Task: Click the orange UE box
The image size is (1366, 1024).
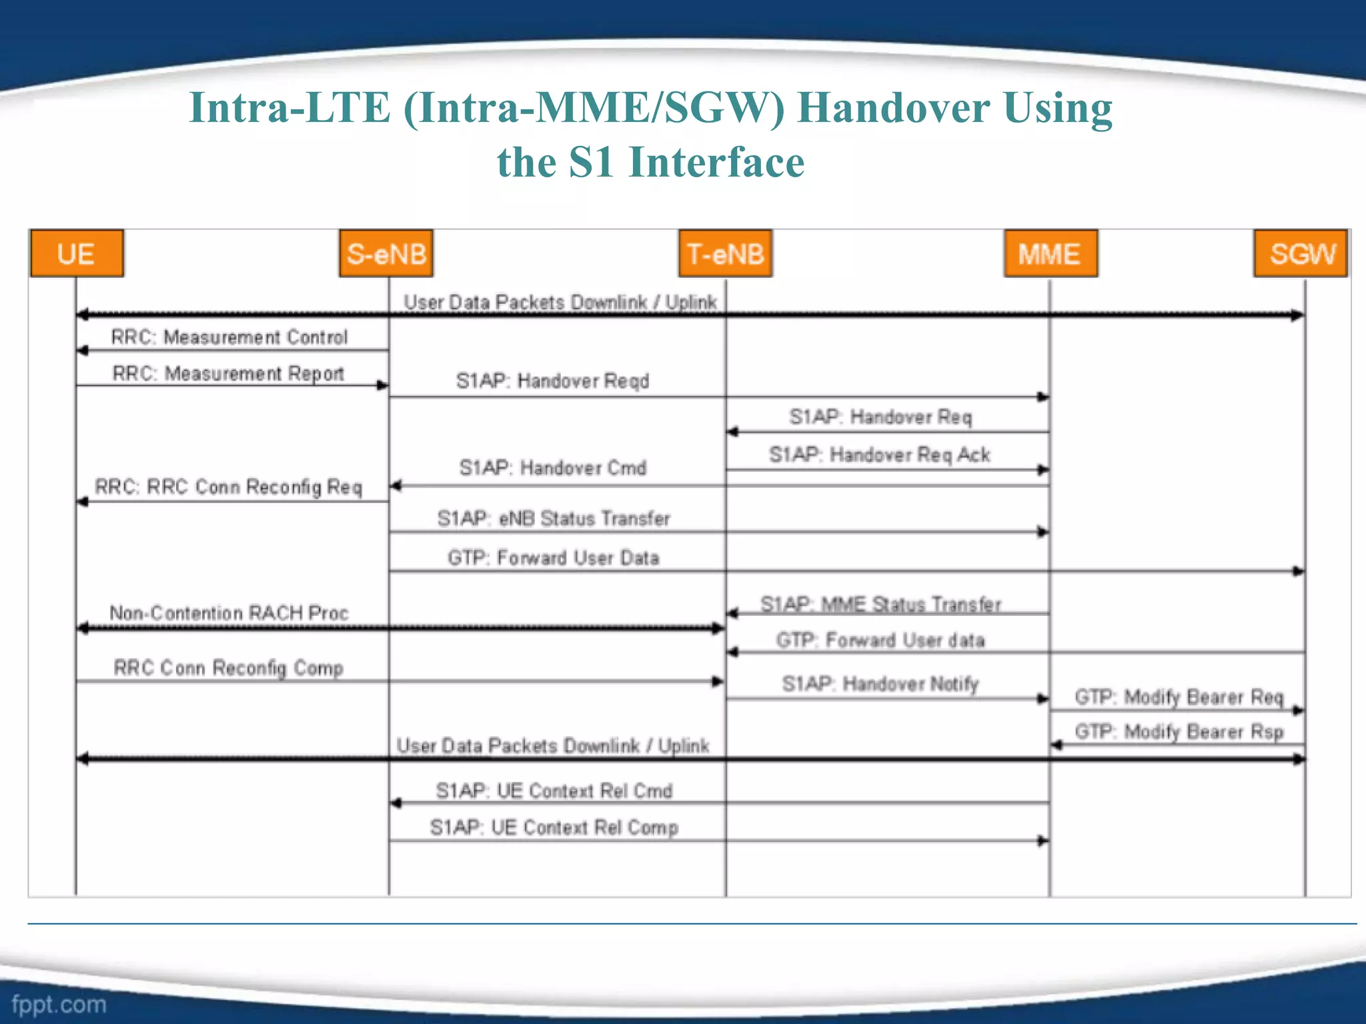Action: pos(77,253)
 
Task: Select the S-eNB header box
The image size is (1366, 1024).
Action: pos(386,253)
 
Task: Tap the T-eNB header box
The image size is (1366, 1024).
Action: pos(726,253)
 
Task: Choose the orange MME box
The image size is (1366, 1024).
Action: pos(1051,253)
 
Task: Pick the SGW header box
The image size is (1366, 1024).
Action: pos(1301,253)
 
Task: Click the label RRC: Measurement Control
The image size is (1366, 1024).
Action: pos(229,337)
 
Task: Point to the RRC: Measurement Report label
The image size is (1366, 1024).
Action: pos(228,373)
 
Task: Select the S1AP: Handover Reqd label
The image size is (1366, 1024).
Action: pos(552,381)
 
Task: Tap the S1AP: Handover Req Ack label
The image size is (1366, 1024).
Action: pos(880,455)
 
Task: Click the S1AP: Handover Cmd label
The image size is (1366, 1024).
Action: pos(552,467)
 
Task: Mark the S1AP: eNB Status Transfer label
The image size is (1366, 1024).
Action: pos(553,518)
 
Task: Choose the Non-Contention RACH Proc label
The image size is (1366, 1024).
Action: pos(229,613)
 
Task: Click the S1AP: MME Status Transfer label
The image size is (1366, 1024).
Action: pos(880,604)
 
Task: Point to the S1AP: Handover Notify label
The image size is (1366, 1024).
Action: pos(880,683)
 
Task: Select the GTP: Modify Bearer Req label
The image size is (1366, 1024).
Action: pos(1179,697)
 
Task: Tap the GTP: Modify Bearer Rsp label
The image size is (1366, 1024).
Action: pos(1179,731)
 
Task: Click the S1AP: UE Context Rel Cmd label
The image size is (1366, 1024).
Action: pos(554,791)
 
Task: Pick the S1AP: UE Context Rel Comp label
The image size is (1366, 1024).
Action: pos(554,827)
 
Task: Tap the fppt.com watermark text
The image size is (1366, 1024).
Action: pos(59,1004)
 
